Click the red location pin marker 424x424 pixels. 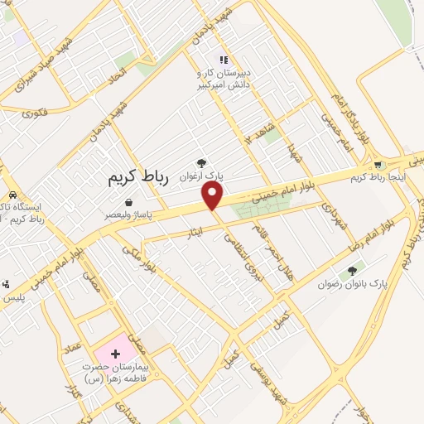point(214,195)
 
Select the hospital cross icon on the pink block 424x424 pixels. point(114,354)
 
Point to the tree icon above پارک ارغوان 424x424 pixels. point(200,164)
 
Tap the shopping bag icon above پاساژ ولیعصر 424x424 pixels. point(128,202)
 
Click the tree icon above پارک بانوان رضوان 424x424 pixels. point(354,270)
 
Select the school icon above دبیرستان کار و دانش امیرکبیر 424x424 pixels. point(222,59)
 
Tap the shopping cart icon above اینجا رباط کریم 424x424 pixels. point(380,164)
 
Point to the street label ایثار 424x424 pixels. point(185,235)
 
